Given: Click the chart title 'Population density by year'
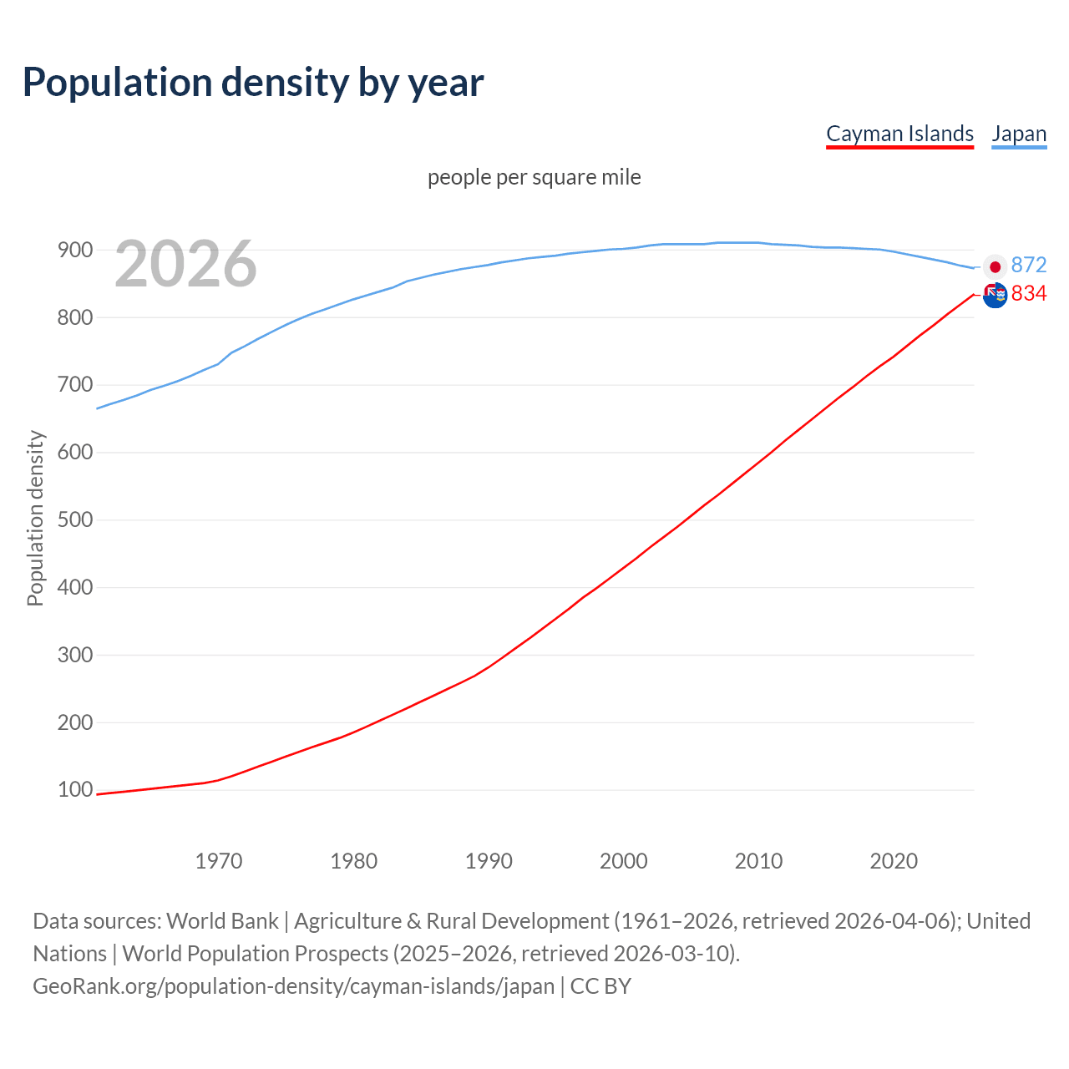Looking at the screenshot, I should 253,83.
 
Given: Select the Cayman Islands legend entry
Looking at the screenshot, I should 899,134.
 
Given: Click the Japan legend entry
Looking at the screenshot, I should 1019,134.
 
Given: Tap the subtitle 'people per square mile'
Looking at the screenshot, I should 534,177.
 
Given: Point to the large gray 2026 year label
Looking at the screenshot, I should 185,264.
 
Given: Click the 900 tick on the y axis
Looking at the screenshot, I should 74,250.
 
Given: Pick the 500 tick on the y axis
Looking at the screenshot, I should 74,519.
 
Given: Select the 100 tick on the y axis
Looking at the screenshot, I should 74,789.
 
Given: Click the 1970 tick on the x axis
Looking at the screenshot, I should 219,861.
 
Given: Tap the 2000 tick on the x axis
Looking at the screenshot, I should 623,861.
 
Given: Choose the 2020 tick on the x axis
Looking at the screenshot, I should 894,861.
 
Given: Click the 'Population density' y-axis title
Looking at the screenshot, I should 35,518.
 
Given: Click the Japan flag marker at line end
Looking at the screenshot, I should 995,267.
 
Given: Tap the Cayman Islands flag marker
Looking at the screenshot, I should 995,295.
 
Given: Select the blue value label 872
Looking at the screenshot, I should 1028,265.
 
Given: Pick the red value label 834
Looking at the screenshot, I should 1028,293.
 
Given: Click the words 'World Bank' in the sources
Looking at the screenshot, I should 222,921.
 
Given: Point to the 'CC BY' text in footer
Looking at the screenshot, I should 600,986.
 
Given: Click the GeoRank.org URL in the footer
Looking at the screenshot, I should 293,986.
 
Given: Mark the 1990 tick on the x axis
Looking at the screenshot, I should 489,861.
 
